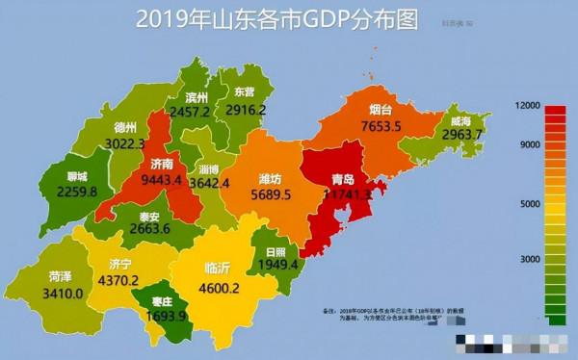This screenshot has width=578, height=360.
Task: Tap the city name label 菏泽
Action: pyautogui.click(x=61, y=276)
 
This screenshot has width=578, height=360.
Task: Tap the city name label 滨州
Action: pyautogui.click(x=197, y=98)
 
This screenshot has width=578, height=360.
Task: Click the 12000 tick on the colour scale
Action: pyautogui.click(x=528, y=104)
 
